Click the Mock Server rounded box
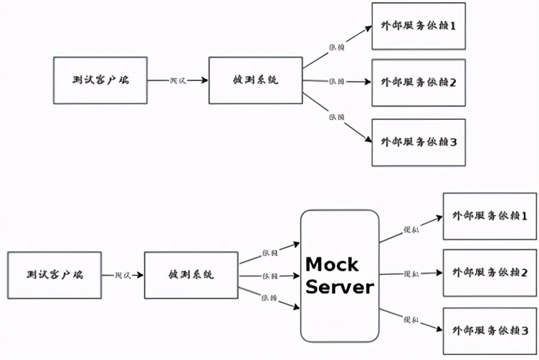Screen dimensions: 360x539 (340, 275)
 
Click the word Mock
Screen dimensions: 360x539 (331, 264)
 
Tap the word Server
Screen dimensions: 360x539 (340, 288)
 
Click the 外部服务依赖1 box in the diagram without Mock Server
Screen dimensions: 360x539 (419, 26)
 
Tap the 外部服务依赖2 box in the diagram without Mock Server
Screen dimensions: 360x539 (419, 82)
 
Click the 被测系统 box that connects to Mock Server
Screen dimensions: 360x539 (191, 275)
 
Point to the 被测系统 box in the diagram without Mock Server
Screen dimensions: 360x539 (255, 80)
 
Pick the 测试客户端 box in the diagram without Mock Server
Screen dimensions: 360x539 (100, 80)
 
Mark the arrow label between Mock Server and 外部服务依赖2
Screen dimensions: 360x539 (413, 274)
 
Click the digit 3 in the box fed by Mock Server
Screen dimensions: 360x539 (525, 331)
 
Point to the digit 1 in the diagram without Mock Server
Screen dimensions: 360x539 (453, 26)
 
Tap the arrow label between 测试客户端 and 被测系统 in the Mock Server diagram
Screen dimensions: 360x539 (122, 275)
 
